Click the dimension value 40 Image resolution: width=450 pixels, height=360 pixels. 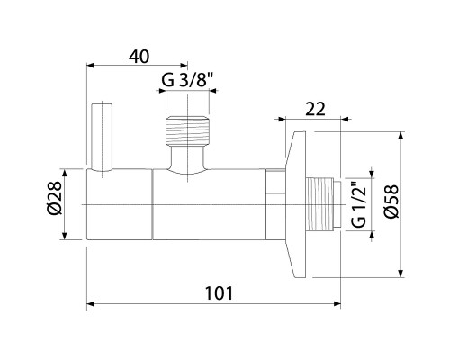(x=139, y=57)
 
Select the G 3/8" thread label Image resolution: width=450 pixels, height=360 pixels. (x=187, y=80)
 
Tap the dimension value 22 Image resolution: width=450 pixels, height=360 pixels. (x=315, y=109)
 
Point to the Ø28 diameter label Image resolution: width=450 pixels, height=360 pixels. (x=54, y=198)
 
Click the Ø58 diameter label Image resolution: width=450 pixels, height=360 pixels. (x=391, y=202)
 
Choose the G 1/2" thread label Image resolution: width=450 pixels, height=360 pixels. (x=359, y=203)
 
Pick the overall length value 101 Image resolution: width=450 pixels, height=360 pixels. (x=219, y=293)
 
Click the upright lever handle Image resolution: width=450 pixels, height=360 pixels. (x=102, y=138)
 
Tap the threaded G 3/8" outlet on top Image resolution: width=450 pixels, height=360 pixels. (x=187, y=130)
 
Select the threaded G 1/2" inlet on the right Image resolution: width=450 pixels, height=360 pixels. (x=323, y=204)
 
